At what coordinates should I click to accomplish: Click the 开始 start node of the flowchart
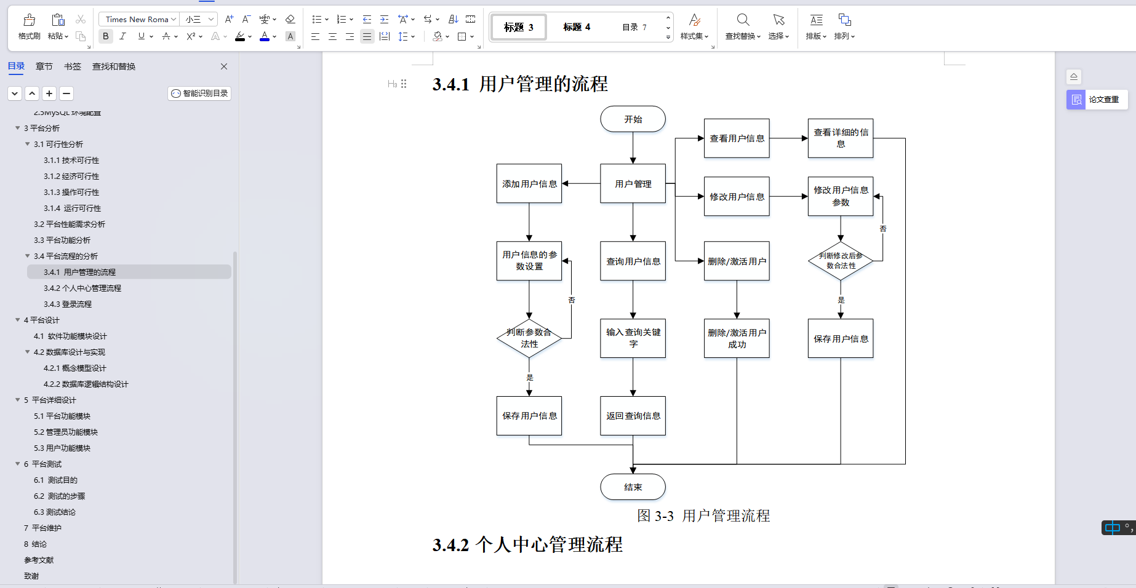633,119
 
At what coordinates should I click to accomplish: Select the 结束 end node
633,487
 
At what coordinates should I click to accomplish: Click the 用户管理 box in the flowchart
633,184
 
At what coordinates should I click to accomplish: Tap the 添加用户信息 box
529,184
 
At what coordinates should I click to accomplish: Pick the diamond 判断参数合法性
529,338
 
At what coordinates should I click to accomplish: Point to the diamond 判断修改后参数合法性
841,261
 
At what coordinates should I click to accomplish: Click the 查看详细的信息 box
841,138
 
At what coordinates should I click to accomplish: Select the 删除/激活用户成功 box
737,338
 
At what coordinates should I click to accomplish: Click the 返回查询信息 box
633,416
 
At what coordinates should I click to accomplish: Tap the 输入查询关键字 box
633,338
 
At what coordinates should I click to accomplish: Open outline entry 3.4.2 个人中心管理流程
82,288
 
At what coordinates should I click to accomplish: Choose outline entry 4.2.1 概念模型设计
75,368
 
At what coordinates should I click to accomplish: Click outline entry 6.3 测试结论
55,512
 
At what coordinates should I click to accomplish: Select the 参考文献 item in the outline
39,560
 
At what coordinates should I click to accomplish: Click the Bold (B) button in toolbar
106,36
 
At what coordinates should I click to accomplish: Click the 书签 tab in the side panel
73,66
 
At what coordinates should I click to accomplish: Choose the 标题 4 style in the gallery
577,27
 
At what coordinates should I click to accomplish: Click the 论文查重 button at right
1097,100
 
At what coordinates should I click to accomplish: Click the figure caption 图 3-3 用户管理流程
703,515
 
